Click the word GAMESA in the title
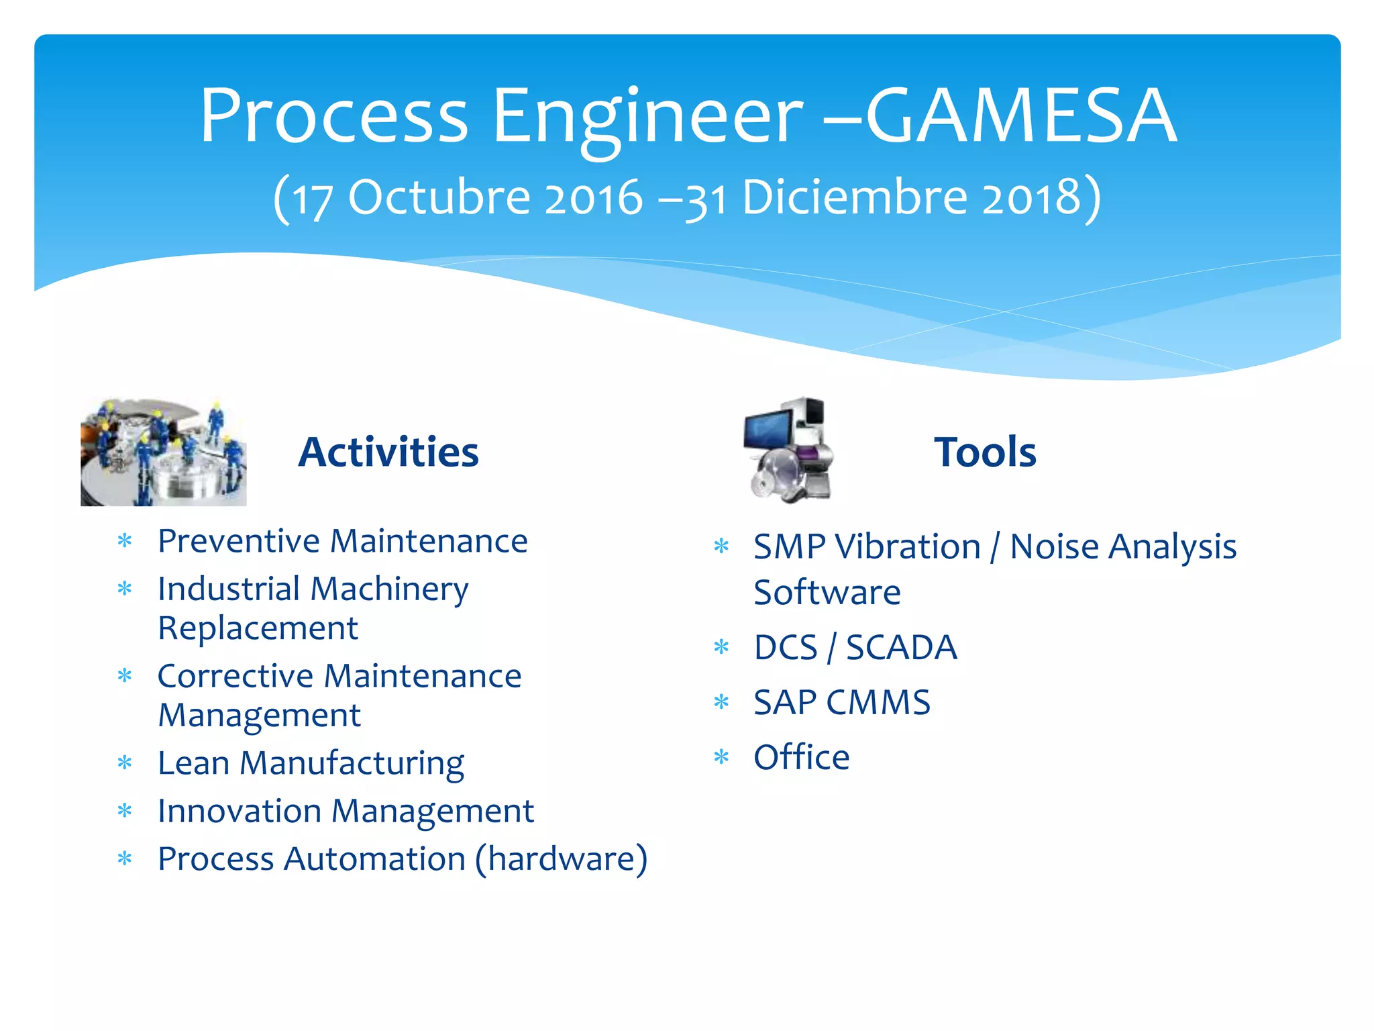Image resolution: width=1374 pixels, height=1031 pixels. coord(1021,115)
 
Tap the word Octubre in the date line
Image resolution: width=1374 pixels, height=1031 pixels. coord(439,197)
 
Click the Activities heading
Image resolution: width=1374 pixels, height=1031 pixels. coord(388,452)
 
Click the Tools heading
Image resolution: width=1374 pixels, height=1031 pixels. coord(985,452)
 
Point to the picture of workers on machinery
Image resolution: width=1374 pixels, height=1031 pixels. coord(163,451)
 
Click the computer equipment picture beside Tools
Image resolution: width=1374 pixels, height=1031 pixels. coord(789,450)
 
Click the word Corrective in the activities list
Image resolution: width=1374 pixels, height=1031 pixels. coord(235,676)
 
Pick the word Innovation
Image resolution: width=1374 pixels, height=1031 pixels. coord(240,811)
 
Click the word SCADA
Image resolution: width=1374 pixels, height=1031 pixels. coord(901,648)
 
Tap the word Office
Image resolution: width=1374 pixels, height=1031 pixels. coord(801,758)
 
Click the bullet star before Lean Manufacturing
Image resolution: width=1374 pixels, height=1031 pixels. coord(125,763)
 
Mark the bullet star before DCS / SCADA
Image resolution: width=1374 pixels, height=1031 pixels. coord(721,648)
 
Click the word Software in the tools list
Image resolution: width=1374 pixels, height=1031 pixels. coord(827,593)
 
